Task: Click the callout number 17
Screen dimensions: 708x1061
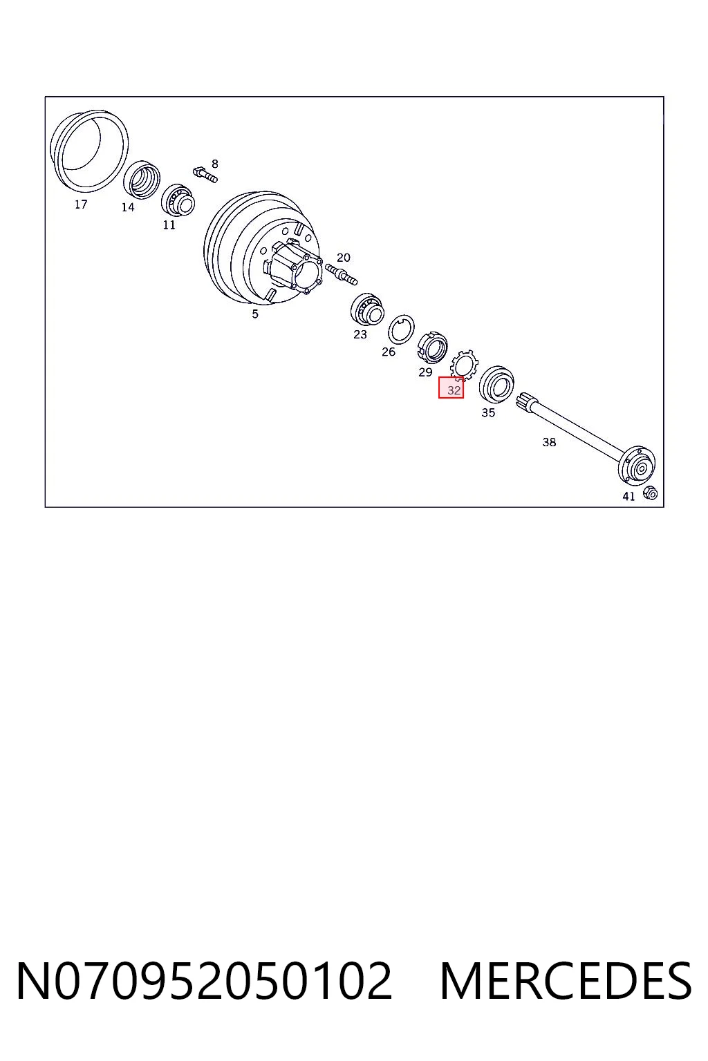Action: [81, 204]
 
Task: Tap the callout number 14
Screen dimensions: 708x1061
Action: [128, 207]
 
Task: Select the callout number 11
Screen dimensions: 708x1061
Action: [169, 225]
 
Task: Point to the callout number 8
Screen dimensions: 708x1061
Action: [215, 164]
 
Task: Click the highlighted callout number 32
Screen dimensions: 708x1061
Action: [454, 390]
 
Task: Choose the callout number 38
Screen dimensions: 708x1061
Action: [549, 442]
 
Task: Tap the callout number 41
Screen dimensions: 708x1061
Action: [628, 496]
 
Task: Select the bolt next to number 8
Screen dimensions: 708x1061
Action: [205, 174]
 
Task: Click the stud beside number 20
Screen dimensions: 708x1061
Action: [342, 274]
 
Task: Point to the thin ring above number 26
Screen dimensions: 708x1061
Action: [401, 328]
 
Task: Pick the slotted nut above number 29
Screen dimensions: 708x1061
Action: [432, 347]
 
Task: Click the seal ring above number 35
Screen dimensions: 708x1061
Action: [496, 383]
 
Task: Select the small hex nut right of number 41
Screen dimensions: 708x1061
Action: [651, 493]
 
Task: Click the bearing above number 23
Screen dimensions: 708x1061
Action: [367, 309]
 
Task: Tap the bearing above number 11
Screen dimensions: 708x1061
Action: [178, 200]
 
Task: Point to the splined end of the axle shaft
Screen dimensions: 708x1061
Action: [528, 402]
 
